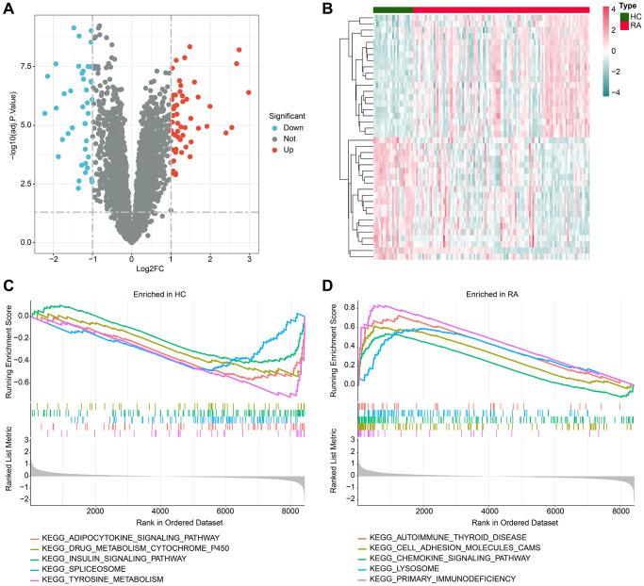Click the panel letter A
pyautogui.click(x=8, y=8)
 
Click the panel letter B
pyautogui.click(x=327, y=8)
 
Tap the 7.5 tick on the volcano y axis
pyautogui.click(x=20, y=66)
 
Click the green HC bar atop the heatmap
pyautogui.click(x=392, y=8)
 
